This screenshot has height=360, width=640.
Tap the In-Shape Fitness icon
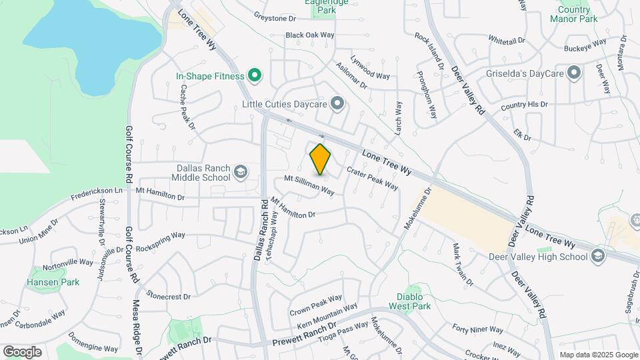253,76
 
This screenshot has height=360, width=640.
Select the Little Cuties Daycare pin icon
338,103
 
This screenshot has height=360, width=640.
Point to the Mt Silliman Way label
309,185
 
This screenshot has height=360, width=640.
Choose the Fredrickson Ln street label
97,195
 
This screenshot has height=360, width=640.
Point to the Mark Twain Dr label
463,265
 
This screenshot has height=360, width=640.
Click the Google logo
22,352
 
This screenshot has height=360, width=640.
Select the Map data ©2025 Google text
598,355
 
